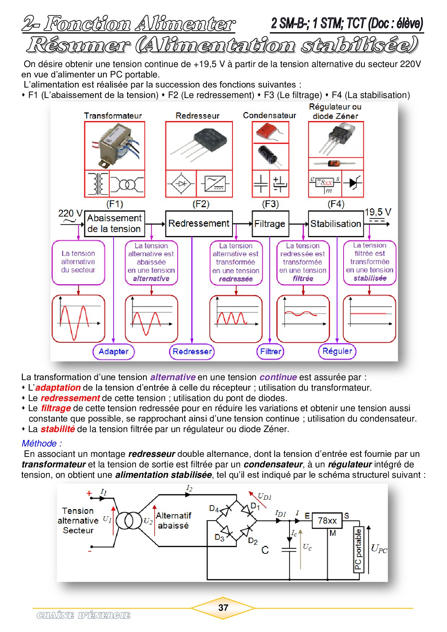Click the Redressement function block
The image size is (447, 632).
coord(199,223)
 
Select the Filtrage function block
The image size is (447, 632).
coord(270,224)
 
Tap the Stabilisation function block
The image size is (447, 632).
coord(336,224)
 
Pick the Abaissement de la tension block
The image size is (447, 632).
coord(114,223)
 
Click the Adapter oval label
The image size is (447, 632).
coord(114,352)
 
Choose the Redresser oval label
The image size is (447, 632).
coord(192,352)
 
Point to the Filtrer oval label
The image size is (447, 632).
coord(270,352)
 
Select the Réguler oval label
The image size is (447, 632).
coord(337,351)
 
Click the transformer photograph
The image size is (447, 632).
coord(115,146)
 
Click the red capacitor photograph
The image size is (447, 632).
coord(270,132)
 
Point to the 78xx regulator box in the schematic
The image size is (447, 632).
coord(327,521)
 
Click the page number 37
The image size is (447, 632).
coord(223,608)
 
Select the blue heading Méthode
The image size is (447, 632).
coord(41,444)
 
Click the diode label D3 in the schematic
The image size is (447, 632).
coord(219,538)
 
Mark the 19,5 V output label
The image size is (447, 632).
coord(377,212)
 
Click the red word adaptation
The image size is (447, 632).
coord(58,388)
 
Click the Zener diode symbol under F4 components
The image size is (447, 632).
coord(353,183)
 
